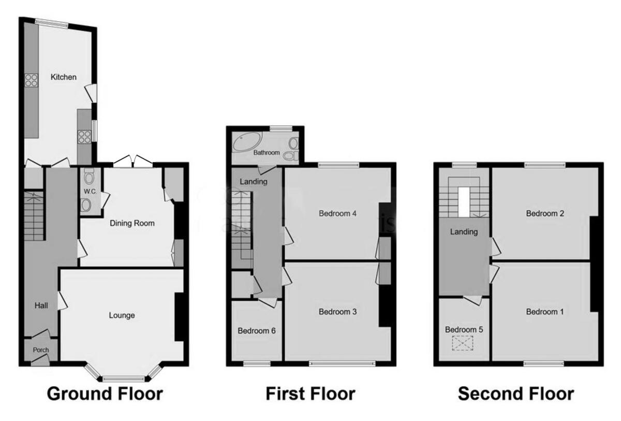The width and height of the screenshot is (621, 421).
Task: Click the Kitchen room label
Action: pos(63,77)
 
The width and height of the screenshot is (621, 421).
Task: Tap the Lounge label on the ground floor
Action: pos(122,315)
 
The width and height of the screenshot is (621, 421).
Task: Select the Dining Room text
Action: pos(132,224)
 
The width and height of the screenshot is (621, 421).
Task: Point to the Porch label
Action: pos(41,350)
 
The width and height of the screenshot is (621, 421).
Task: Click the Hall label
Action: pos(41,306)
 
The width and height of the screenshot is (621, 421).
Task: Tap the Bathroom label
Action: pos(267,153)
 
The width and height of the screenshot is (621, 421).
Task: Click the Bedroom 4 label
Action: pos(338,213)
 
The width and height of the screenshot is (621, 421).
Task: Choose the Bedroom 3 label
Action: pos(338,312)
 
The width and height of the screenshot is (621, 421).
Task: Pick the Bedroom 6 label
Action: pos(256,330)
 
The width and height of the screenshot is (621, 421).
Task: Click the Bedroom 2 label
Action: pos(545,213)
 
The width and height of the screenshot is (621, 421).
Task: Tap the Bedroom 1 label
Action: pos(545,312)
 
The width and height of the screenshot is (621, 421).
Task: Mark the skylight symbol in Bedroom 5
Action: pos(463,343)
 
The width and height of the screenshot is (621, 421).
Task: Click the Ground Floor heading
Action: pos(105,394)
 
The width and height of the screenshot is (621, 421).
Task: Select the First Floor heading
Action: pos(310,394)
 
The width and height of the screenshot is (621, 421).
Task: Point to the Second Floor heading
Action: pos(516,394)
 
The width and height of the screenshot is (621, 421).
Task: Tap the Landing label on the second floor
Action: pos(464,232)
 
